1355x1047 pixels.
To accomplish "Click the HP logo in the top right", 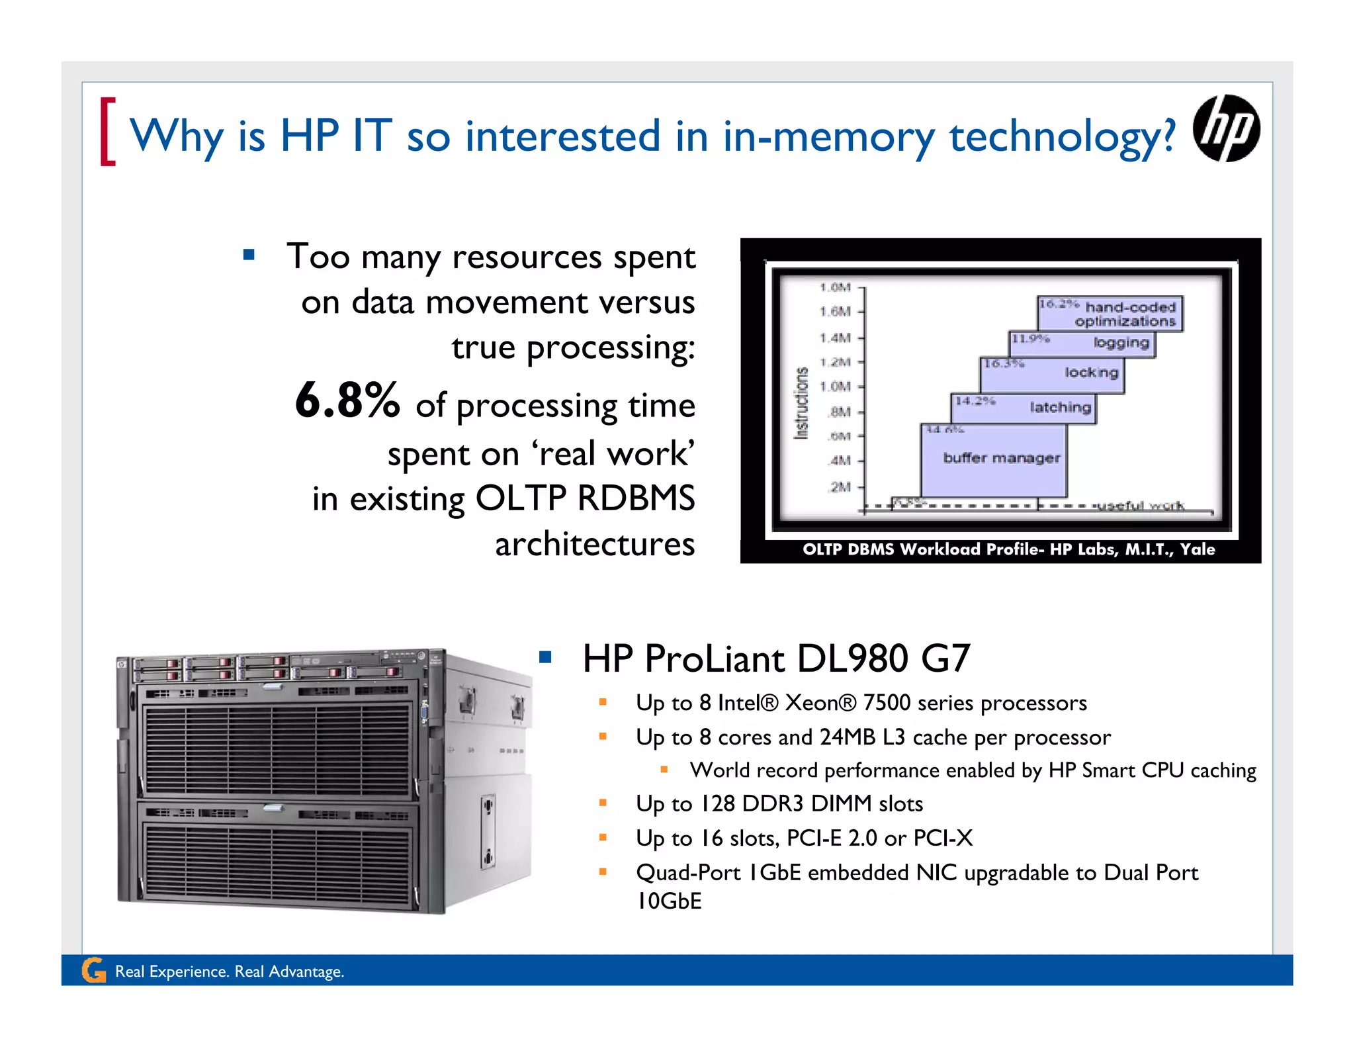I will coord(1226,128).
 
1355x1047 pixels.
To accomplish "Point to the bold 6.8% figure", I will coord(347,400).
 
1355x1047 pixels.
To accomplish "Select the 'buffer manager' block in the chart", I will coord(1001,458).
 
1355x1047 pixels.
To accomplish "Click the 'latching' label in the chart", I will coord(1060,408).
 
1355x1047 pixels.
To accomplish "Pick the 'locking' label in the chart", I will coord(1091,373).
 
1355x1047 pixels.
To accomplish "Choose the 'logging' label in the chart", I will coord(1121,343).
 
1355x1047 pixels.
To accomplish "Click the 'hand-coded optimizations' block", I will coord(1125,314).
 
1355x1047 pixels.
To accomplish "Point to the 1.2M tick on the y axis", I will coord(835,362).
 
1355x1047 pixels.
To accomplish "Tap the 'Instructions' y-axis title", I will coord(801,403).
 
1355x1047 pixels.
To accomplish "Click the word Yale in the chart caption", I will coord(1198,549).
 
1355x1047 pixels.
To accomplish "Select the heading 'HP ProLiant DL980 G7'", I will coord(776,659).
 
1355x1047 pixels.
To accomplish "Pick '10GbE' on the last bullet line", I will coord(669,901).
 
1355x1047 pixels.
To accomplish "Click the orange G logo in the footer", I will coord(94,970).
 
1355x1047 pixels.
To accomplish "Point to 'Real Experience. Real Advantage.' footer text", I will coord(230,972).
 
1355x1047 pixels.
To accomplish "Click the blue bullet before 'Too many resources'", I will coord(249,255).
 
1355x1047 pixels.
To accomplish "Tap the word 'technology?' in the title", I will coord(1063,136).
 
